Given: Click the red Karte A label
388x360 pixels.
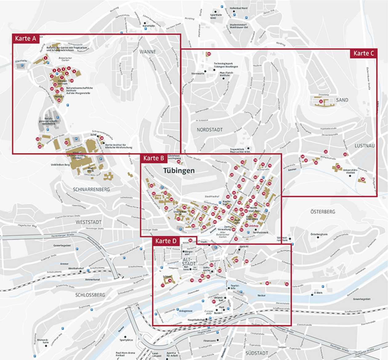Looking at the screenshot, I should tap(26, 38).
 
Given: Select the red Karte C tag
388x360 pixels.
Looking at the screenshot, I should tap(363, 53).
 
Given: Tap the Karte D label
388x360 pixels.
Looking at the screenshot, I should tap(166, 241).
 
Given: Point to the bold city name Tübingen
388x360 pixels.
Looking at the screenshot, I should tap(179, 170).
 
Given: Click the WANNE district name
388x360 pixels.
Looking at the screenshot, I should tap(148, 52).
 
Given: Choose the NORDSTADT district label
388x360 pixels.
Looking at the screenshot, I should tap(210, 130).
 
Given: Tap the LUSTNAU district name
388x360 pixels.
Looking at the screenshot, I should tap(364, 146).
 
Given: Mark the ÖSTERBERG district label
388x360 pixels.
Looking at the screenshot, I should tap(323, 212).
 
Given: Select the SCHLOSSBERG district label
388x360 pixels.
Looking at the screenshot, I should tap(90, 295).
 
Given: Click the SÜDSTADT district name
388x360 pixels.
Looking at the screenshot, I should tap(257, 353).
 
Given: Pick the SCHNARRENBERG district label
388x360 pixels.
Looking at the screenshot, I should tap(91, 189).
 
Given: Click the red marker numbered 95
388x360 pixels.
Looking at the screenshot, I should tap(209, 54).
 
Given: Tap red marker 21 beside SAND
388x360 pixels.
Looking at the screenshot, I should tap(321, 101).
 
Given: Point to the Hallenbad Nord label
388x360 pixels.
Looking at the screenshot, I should tap(238, 8).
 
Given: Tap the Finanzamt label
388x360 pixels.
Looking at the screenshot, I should tap(209, 341).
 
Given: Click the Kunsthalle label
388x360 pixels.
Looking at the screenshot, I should tap(149, 26).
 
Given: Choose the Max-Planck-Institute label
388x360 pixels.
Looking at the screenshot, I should tap(227, 74).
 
